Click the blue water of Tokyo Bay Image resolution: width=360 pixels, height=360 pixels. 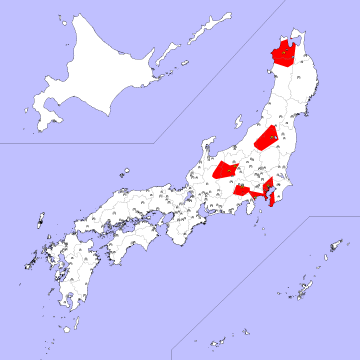(x=264, y=194)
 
